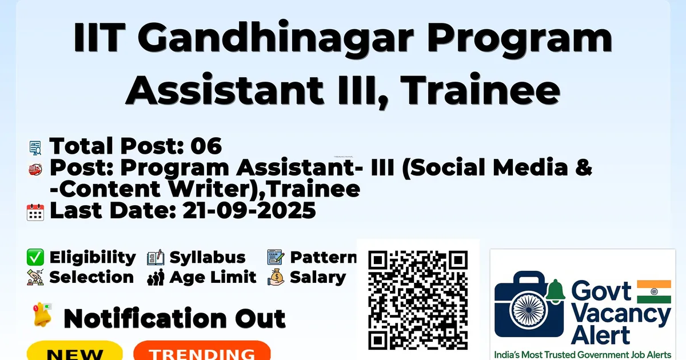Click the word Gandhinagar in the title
[x=276, y=39]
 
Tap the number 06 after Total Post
[x=206, y=146]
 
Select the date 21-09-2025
[x=249, y=210]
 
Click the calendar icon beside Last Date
[x=35, y=212]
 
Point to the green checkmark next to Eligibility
[x=35, y=257]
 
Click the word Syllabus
[x=208, y=258]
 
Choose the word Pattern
[x=324, y=257]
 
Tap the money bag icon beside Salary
[x=276, y=277]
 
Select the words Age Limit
[x=213, y=278]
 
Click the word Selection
[x=91, y=277]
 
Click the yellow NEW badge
[x=75, y=351]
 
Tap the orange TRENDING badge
[x=202, y=351]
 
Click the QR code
[x=418, y=300]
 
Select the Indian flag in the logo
[x=654, y=291]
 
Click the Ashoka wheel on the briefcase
[x=529, y=310]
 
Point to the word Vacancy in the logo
[x=621, y=315]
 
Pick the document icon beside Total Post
[x=35, y=148]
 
